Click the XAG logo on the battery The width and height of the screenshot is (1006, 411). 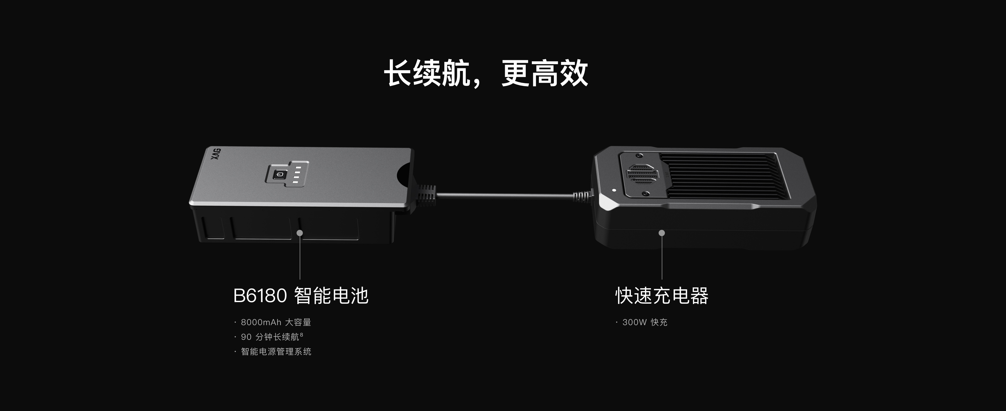(216, 153)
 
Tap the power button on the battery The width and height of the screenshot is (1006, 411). (280, 174)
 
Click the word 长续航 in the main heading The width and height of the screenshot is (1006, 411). (427, 73)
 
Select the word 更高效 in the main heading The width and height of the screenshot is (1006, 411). (545, 73)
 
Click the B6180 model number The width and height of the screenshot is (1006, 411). (260, 296)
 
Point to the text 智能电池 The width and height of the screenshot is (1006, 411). (331, 296)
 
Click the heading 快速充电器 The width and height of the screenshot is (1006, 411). (662, 296)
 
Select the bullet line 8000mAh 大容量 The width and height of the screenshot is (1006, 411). (276, 323)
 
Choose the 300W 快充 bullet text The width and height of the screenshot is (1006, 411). (645, 323)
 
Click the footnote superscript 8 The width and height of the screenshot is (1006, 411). (302, 335)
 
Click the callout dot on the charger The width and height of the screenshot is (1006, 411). (661, 233)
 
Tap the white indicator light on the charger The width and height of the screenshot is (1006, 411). (614, 191)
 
